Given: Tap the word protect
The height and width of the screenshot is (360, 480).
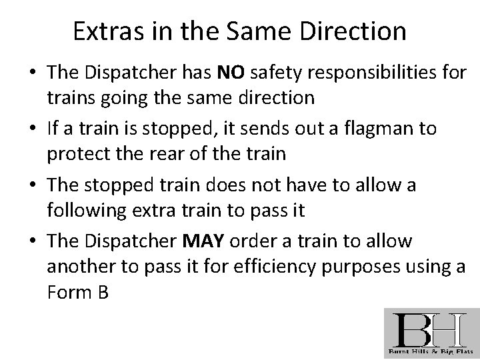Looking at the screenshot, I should [x=78, y=155].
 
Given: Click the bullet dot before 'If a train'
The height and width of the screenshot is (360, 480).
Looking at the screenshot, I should [x=33, y=127].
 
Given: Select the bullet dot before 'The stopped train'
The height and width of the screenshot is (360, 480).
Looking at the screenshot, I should [x=33, y=185].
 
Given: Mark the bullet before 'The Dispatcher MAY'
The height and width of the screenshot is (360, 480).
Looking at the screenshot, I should [x=33, y=241].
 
